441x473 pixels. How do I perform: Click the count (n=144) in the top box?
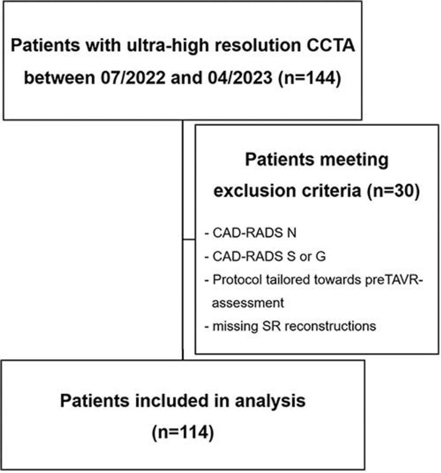point(310,77)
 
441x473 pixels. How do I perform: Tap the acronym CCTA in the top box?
point(330,46)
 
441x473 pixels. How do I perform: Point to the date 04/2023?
point(240,77)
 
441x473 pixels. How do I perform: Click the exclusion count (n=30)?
point(393,191)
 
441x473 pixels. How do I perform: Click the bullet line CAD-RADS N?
point(251,233)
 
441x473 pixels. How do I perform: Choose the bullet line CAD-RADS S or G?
point(265,256)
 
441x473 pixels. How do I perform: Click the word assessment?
point(248,303)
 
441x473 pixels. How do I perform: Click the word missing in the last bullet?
point(235,327)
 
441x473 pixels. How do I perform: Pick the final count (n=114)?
point(183,432)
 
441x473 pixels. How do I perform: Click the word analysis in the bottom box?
point(270,401)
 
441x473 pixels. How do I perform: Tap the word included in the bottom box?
point(175,401)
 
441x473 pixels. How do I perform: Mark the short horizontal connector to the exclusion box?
point(189,239)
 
